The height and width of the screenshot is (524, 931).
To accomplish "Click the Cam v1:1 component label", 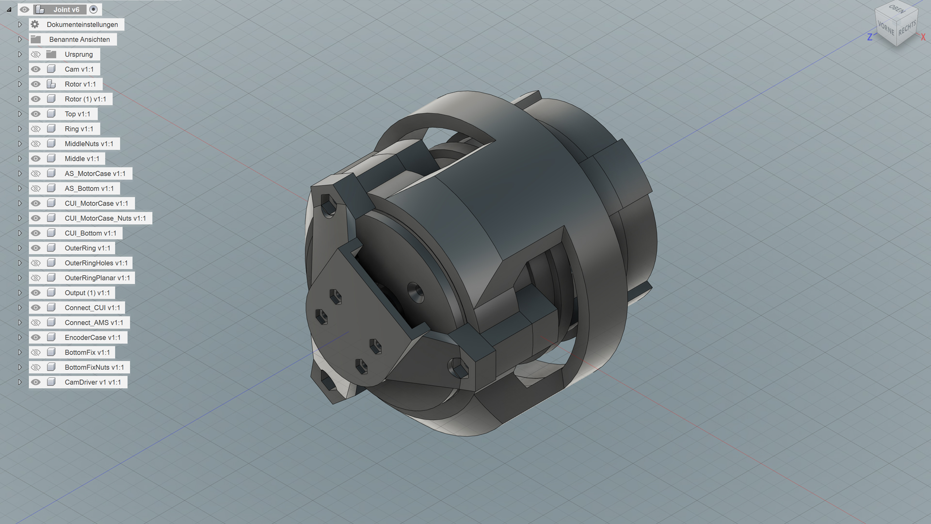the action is tap(79, 69).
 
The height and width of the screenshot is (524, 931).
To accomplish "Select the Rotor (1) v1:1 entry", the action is tap(85, 99).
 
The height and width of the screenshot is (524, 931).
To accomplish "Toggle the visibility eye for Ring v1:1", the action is tap(35, 129).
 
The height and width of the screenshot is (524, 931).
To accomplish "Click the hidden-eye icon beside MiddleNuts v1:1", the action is tap(35, 144).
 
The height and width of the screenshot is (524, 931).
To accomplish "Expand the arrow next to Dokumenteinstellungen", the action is tap(20, 24).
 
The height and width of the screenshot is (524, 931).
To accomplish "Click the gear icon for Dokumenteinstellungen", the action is tap(35, 24).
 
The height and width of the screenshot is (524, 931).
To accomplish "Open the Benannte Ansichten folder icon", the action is tap(36, 39).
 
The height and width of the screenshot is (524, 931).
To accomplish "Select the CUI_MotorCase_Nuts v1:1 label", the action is tap(105, 218).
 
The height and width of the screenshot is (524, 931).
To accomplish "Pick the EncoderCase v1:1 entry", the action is tap(93, 338).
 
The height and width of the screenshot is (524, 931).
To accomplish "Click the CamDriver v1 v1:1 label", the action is tap(93, 382).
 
